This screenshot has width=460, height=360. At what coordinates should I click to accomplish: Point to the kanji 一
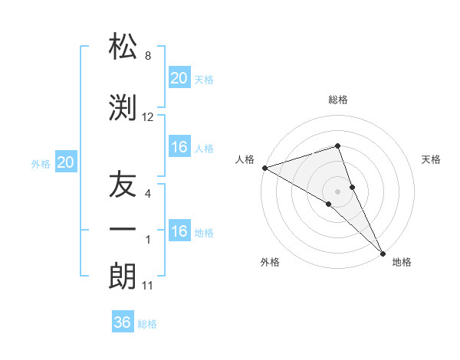pyautogui.click(x=123, y=230)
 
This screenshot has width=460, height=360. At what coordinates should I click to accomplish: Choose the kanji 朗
pyautogui.click(x=123, y=277)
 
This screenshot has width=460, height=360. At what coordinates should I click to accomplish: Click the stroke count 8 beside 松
pyautogui.click(x=148, y=56)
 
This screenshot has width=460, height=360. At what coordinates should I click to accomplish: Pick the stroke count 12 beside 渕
pyautogui.click(x=148, y=117)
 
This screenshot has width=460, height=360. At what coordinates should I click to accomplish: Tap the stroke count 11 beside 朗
pyautogui.click(x=148, y=286)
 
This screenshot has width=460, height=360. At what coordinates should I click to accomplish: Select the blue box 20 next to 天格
pyautogui.click(x=179, y=78)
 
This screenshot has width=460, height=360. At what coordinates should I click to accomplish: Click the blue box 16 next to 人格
pyautogui.click(x=179, y=147)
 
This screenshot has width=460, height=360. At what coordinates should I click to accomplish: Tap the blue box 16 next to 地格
pyautogui.click(x=179, y=231)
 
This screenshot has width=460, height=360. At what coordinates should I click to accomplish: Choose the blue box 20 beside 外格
pyautogui.click(x=66, y=162)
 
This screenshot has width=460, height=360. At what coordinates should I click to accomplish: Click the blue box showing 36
pyautogui.click(x=123, y=322)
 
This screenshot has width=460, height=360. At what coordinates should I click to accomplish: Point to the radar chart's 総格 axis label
pyautogui.click(x=338, y=100)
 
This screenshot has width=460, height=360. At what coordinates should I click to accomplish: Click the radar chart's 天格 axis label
pyautogui.click(x=432, y=159)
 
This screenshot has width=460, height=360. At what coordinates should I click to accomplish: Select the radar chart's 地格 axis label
pyautogui.click(x=402, y=263)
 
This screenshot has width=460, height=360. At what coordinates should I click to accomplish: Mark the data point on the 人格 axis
pyautogui.click(x=264, y=167)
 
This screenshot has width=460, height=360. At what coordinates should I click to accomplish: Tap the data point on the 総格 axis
pyautogui.click(x=337, y=146)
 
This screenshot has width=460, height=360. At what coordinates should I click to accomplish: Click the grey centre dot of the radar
pyautogui.click(x=337, y=191)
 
